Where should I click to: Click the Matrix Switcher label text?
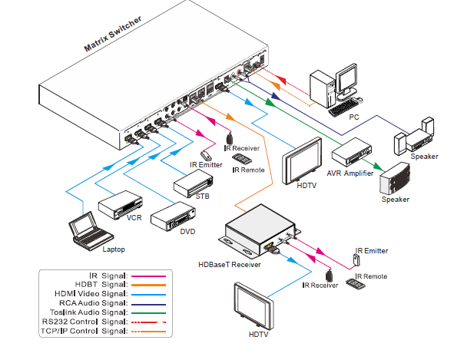point(113,34)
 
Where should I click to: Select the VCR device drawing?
point(120,205)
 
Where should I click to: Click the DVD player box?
point(173,216)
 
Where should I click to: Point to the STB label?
point(202,197)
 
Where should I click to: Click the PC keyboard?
point(343,107)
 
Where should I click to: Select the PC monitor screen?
point(347,78)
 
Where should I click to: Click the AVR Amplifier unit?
point(352,152)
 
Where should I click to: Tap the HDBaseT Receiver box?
point(260,230)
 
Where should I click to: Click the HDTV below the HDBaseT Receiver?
point(254,306)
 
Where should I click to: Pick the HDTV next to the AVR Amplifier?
point(302,160)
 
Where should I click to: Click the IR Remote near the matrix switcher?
point(242,159)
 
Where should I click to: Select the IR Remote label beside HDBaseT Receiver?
point(371,276)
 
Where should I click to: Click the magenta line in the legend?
point(148,276)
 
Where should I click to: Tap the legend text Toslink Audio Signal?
point(88,312)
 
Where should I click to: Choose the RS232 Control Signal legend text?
point(85,322)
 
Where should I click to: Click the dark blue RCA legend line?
point(148,305)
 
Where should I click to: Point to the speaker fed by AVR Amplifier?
point(395,179)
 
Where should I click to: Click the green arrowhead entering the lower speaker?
point(379,167)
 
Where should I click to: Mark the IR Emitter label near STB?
point(206,165)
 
